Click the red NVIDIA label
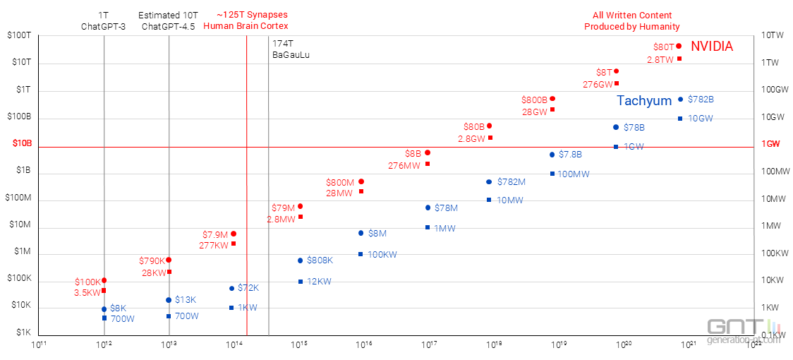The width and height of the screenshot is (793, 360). click(711, 47)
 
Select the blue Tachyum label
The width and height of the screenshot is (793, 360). click(644, 101)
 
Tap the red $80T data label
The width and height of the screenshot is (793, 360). click(664, 47)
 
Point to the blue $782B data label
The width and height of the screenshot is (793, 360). click(701, 100)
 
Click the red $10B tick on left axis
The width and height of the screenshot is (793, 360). click(22, 143)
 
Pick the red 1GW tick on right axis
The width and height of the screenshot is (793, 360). click(771, 144)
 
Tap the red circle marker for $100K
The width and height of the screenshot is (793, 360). click(104, 281)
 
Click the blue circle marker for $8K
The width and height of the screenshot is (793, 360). click(104, 309)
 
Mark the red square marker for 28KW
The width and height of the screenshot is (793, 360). click(169, 272)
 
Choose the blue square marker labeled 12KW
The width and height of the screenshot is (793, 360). click(301, 282)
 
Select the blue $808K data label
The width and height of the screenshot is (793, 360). click(320, 260)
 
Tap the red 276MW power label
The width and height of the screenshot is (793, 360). click(404, 165)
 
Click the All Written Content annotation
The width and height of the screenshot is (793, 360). click(631, 20)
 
